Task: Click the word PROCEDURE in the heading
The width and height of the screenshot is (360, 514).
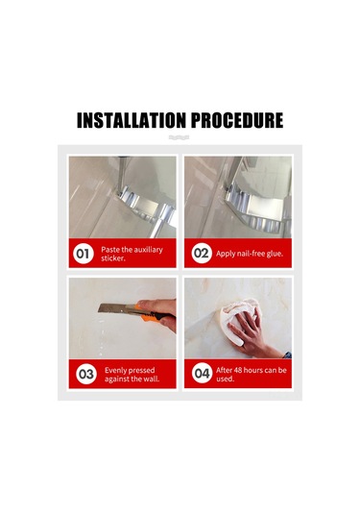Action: pos(237,121)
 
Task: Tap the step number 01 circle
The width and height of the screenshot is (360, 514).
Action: pos(84,255)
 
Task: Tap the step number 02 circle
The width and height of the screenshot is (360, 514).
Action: pos(202,255)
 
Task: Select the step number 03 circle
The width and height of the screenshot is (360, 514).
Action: pos(86,374)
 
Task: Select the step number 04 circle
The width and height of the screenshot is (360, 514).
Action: pos(202,374)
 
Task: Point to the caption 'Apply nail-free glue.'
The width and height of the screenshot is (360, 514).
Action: pos(250,255)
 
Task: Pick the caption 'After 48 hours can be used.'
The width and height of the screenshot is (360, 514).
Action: pos(251,374)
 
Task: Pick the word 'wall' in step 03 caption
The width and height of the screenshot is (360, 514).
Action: pos(152,379)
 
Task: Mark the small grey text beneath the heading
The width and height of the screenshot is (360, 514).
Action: pos(180,138)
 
